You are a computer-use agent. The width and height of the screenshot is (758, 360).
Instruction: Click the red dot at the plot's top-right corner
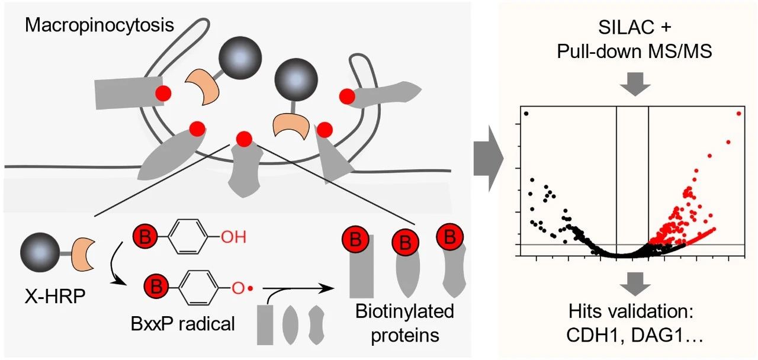tap(738, 113)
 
